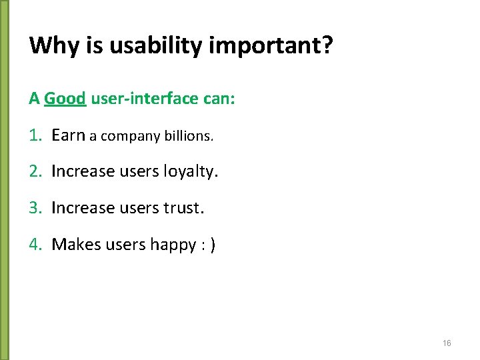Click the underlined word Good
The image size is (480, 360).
[x=65, y=99]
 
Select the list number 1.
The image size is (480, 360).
[x=35, y=135]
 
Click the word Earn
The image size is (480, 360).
[x=68, y=135]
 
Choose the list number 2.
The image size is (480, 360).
[x=35, y=171]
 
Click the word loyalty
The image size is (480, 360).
[x=191, y=172]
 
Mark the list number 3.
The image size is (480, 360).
[x=35, y=208]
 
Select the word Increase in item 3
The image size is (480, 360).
[x=83, y=208]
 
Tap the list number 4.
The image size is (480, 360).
[x=35, y=245]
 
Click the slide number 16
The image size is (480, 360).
[x=447, y=343]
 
